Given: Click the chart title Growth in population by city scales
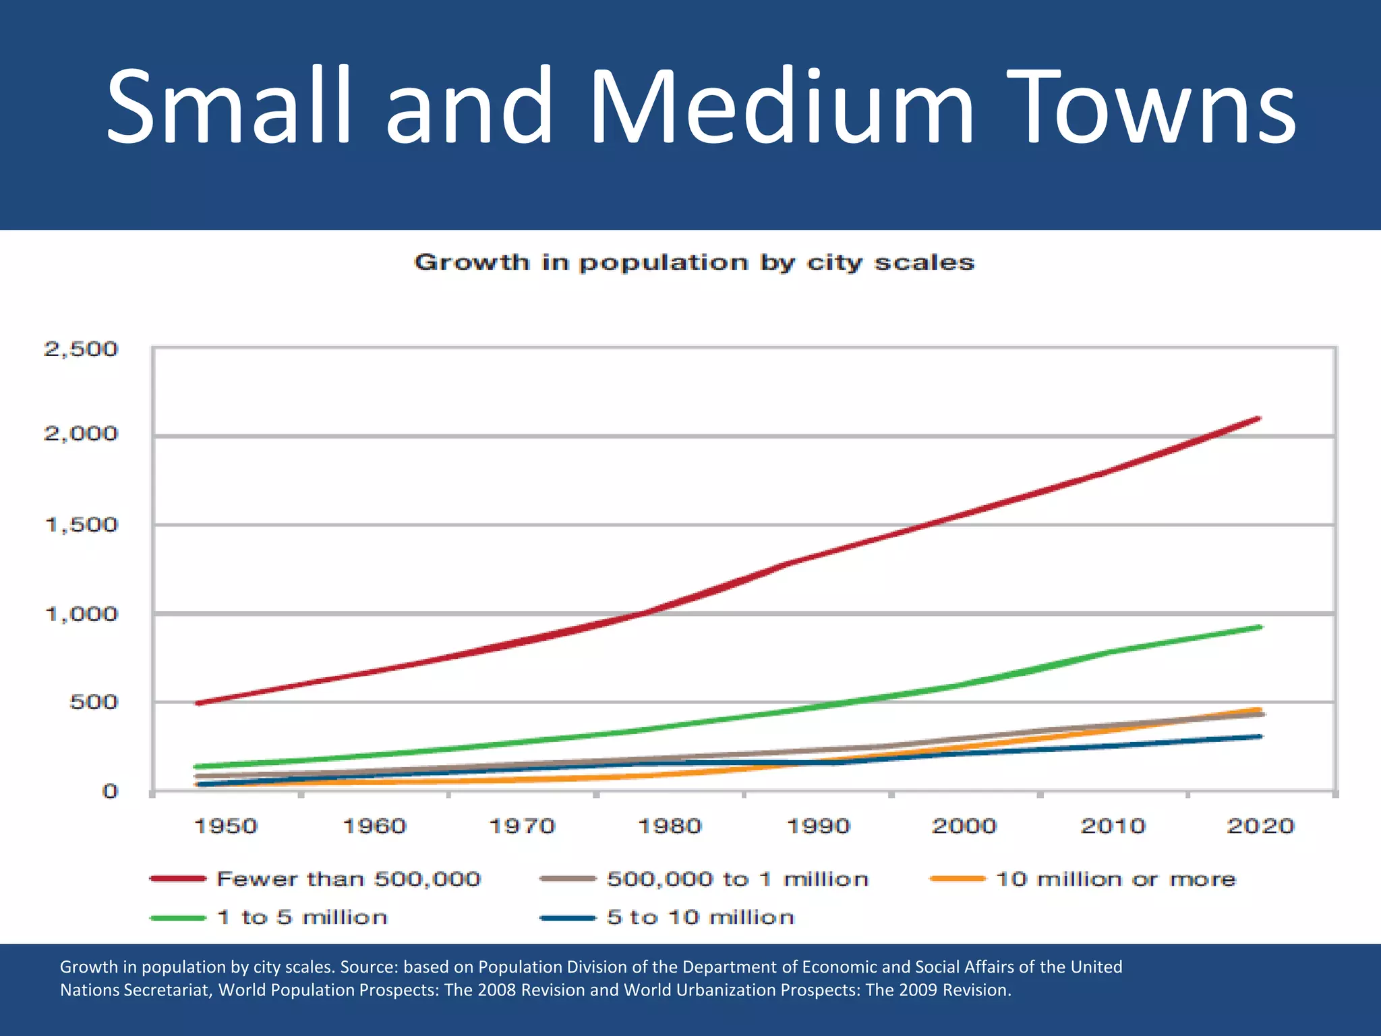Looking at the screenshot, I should pos(694,262).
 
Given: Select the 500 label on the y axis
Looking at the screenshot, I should pos(93,702).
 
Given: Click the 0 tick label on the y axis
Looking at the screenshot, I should pos(109,791).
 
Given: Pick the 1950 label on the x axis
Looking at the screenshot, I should pos(225,826).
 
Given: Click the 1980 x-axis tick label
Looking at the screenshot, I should pos(670,826).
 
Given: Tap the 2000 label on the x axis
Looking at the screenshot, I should pos(964,826).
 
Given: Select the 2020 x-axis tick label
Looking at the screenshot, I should pos(1260,826).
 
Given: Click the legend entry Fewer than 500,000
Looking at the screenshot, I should pos(348,880).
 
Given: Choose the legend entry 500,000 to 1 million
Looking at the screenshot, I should pos(737,880).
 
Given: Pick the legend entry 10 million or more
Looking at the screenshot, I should pos(1115,880).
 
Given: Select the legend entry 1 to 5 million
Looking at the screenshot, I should pos(302,917).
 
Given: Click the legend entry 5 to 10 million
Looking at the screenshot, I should pos(700,917).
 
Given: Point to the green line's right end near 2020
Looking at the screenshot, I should pos(1259,627).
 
